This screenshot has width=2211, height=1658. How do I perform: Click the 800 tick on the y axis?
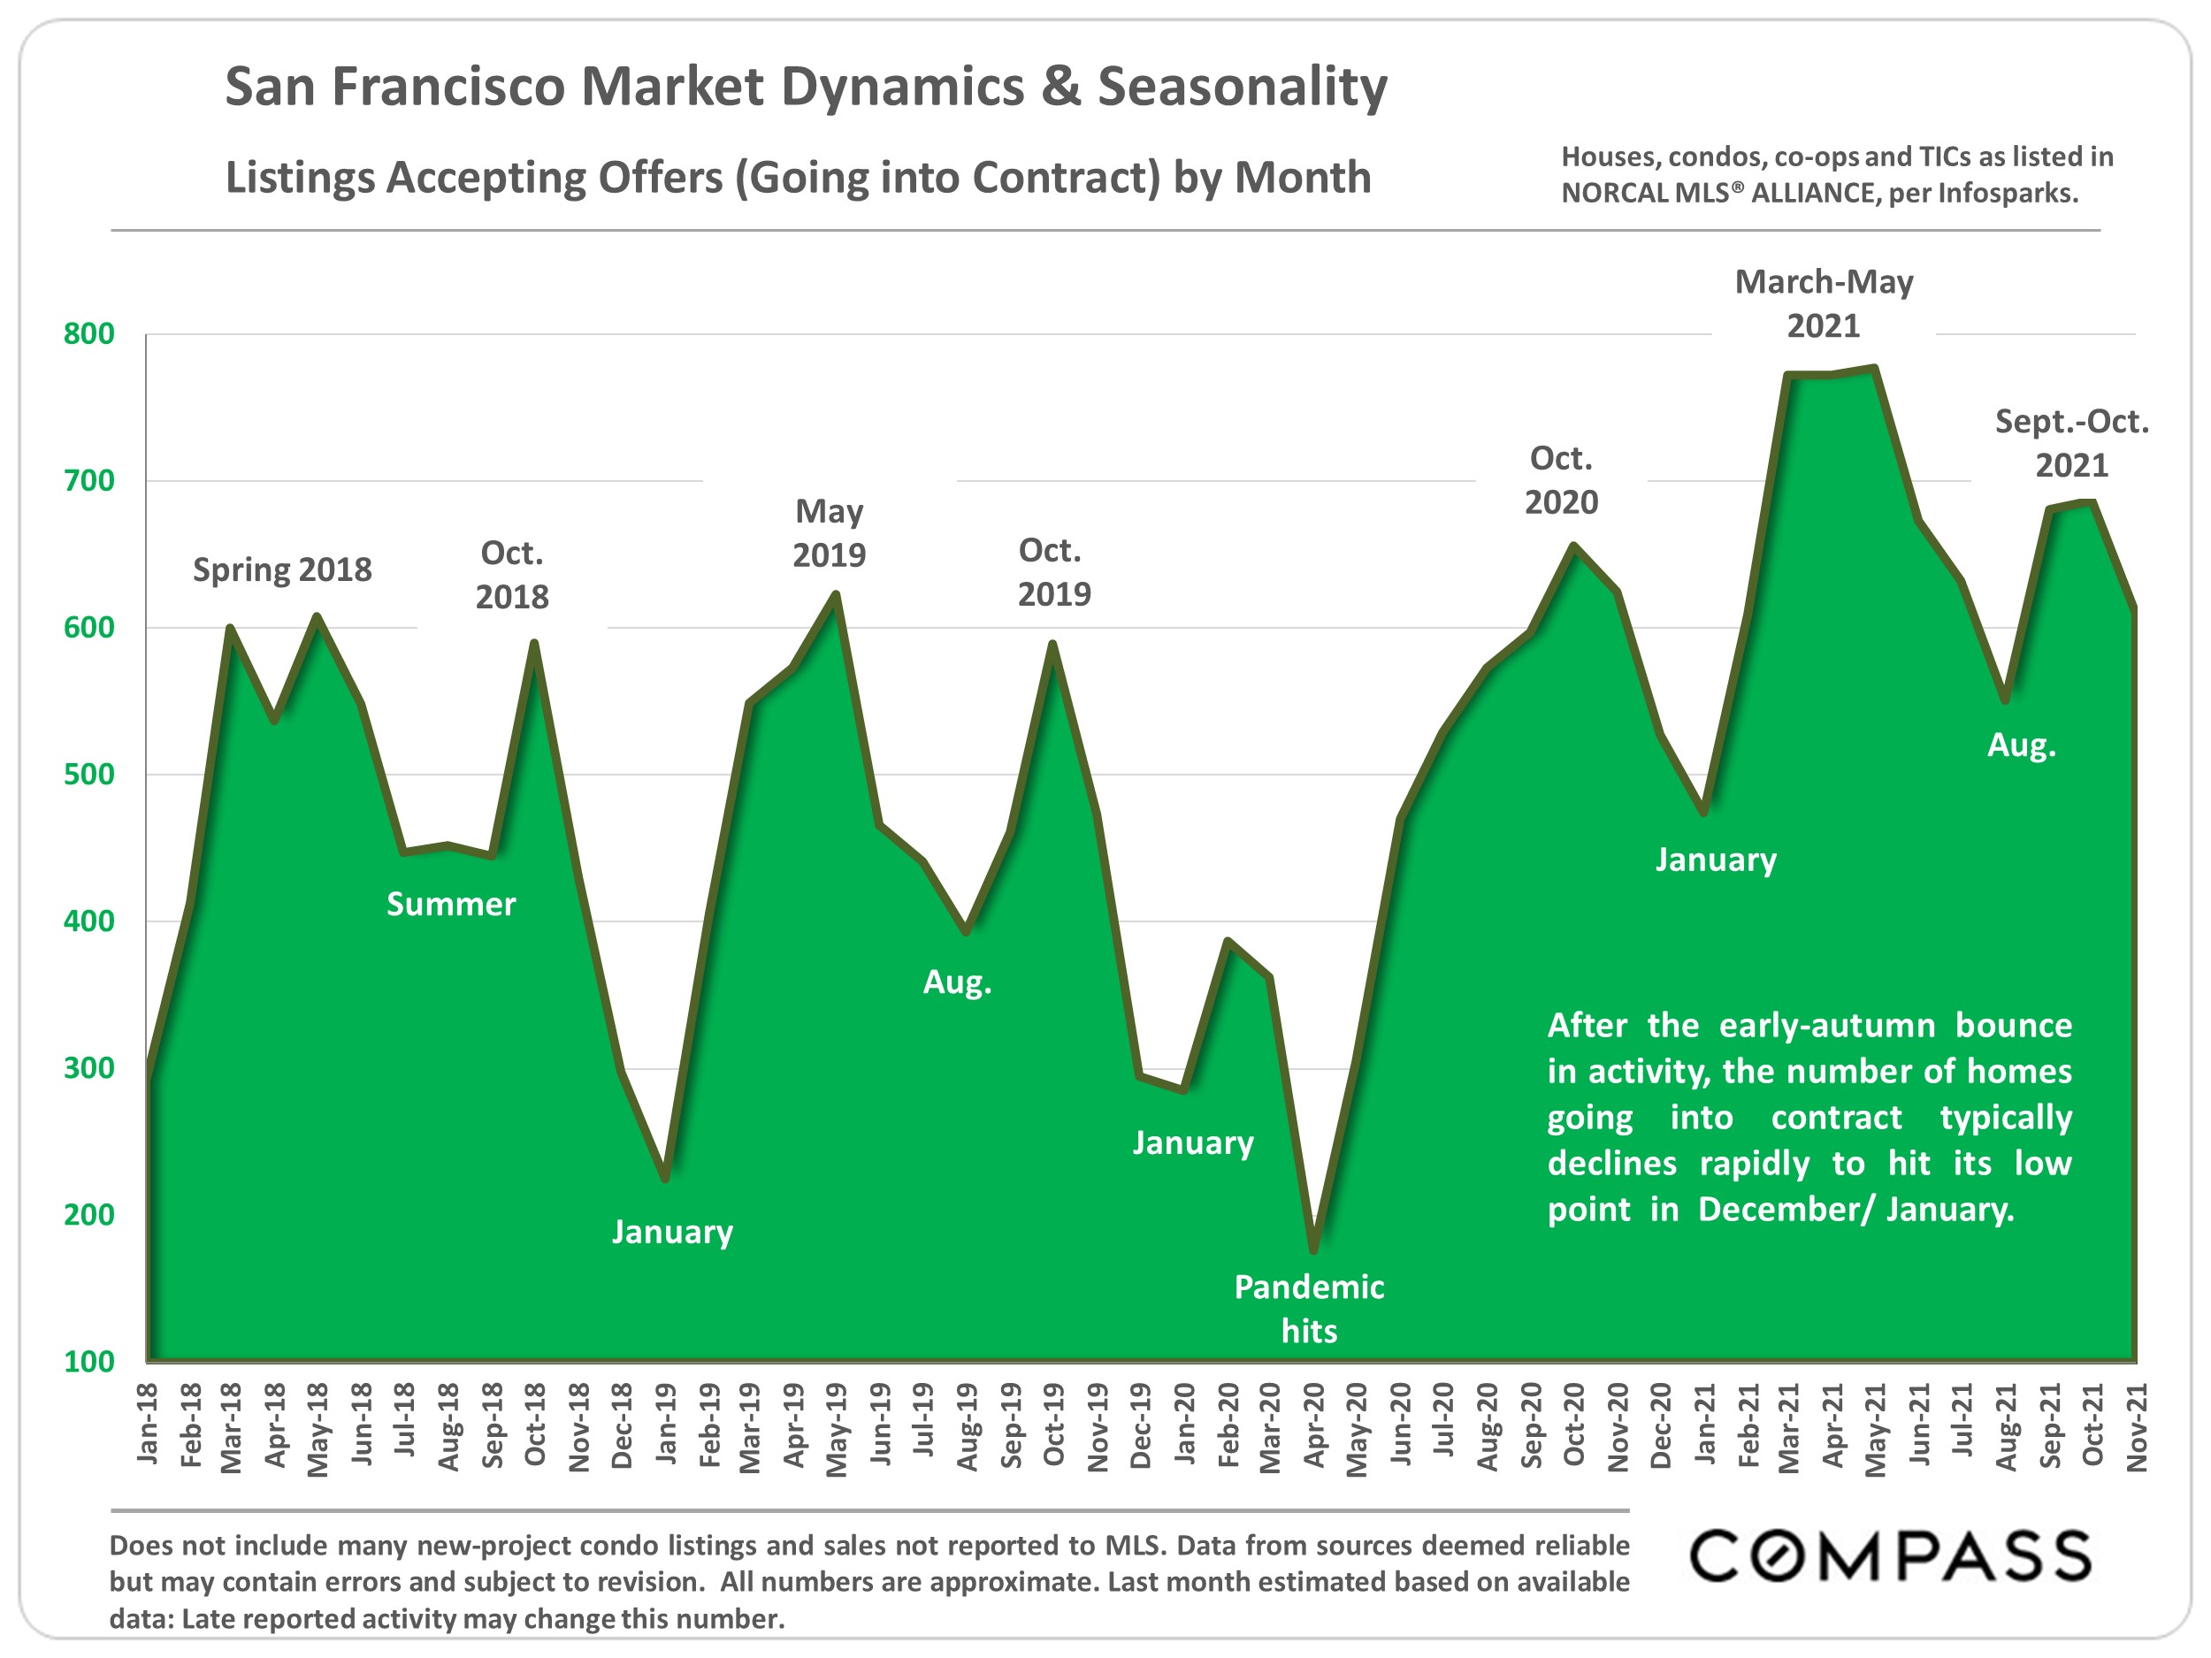[89, 333]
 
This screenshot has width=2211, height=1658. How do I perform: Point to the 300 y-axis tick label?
[89, 1068]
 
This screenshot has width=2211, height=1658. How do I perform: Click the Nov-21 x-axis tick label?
[2136, 1427]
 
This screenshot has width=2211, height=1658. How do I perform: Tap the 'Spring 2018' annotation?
[282, 569]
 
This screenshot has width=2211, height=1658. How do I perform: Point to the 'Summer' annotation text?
[451, 905]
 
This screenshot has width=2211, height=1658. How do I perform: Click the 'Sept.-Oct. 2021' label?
[2071, 443]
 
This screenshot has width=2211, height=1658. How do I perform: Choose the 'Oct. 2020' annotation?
[1560, 479]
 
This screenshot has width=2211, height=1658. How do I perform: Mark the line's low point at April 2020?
[1313, 1249]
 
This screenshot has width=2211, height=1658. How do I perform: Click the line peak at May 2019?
[836, 594]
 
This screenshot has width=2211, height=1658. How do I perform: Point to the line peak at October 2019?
[1052, 644]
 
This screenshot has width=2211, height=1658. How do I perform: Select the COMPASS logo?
[1889, 1557]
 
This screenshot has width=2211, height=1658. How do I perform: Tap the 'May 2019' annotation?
[829, 532]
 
